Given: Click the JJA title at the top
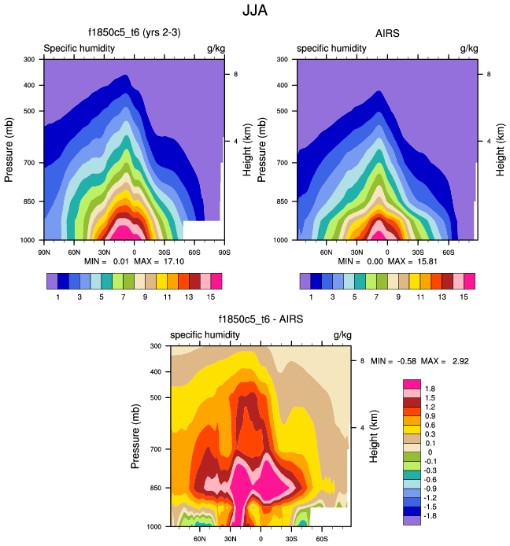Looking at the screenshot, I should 255,12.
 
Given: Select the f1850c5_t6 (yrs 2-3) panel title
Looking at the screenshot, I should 133,33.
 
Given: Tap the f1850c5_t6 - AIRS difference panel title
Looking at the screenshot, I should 260,319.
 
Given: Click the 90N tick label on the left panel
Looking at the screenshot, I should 44,252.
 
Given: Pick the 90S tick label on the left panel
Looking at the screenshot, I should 224,252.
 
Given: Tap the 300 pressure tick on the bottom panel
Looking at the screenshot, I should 156,346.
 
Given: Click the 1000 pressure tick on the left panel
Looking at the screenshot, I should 28,239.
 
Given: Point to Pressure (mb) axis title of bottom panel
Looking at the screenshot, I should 135,436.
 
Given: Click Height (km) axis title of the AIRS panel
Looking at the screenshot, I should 500,149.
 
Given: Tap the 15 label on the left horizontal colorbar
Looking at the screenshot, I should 211,297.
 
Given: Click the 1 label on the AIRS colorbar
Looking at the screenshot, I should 311,297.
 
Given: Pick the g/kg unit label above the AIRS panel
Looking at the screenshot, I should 468,49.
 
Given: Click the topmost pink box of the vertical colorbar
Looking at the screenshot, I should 412,383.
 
